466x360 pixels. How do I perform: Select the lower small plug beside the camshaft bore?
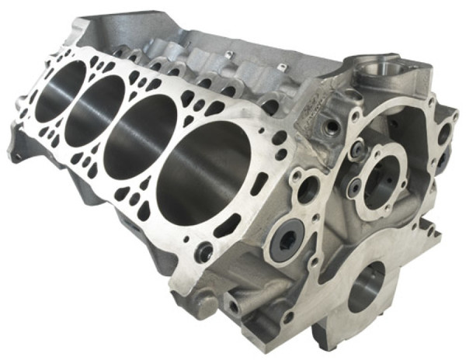[x=353, y=187]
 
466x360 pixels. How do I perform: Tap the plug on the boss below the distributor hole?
[x=333, y=124]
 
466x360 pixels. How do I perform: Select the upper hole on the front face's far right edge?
[x=443, y=134]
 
